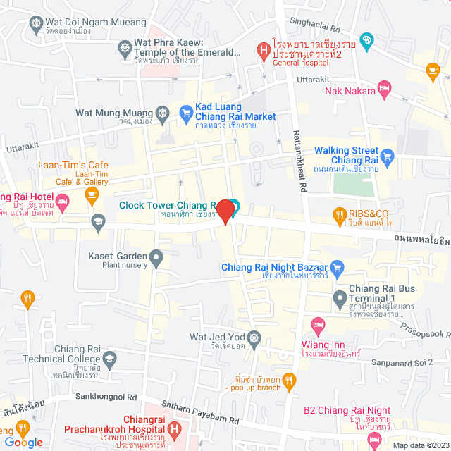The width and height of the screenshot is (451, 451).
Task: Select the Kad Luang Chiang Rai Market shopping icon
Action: tap(186, 111)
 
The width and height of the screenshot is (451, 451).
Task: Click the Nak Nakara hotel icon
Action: tap(384, 88)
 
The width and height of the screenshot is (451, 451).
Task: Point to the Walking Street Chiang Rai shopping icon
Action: tap(386, 155)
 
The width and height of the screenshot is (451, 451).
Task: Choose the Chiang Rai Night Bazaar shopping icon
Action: tap(337, 267)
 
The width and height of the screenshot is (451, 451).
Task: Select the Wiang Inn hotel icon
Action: tap(317, 326)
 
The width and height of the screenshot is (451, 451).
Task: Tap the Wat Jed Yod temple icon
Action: tap(254, 337)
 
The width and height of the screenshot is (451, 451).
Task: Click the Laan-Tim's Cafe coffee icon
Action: tap(92, 198)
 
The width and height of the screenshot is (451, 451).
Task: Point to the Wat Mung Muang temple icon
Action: tap(163, 113)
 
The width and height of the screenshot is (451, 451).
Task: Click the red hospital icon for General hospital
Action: tap(262, 49)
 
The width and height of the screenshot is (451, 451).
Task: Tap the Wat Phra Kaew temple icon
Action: tap(125, 49)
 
